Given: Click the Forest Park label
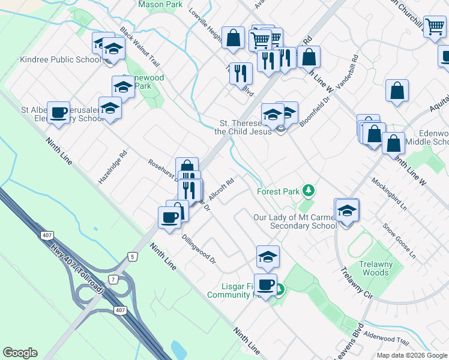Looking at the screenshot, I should tap(278, 191).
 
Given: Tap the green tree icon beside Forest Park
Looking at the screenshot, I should tap(309, 191).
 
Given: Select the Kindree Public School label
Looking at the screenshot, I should tap(52, 59).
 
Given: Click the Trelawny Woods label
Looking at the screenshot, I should tap(375, 268).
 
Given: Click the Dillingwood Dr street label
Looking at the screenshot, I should tap(199, 248).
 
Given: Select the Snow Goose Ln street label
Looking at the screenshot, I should tap(399, 241).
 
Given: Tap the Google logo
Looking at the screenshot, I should tap(20, 353).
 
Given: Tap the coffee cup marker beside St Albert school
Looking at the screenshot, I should tap(59, 114).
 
